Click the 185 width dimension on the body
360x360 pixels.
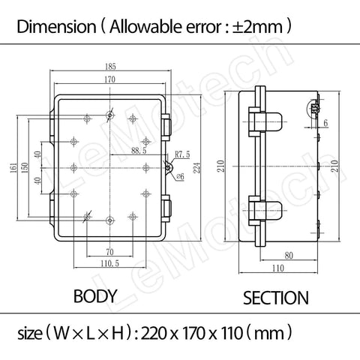[x=110, y=66]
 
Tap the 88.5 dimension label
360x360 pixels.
[x=138, y=151]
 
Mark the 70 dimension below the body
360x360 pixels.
[x=109, y=253]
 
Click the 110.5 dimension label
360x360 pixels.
[x=109, y=263]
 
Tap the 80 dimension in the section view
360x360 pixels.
[x=288, y=254]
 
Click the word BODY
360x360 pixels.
[x=95, y=296]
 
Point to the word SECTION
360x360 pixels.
[x=275, y=298]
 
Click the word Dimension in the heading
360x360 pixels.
[x=51, y=28]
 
